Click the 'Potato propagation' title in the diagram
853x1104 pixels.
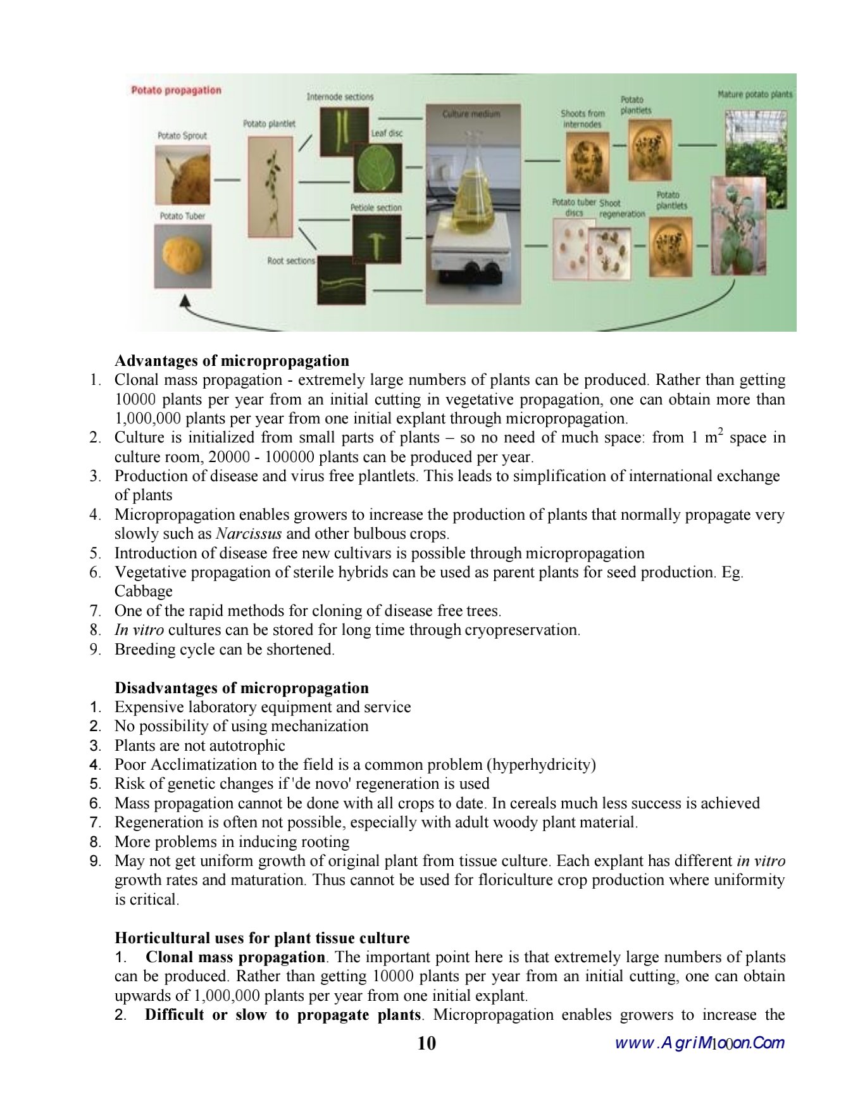click(176, 91)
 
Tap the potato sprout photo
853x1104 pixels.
click(182, 174)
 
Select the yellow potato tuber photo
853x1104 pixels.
click(183, 255)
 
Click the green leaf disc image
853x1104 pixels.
click(378, 168)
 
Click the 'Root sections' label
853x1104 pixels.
click(290, 261)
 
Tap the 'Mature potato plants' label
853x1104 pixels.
click(754, 94)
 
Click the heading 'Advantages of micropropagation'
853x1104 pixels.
click(232, 361)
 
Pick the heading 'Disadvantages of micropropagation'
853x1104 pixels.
click(241, 688)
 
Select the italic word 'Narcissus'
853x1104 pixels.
click(249, 534)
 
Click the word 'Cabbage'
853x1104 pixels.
click(144, 591)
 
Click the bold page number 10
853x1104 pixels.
click(426, 1043)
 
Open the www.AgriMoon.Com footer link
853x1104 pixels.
click(699, 1043)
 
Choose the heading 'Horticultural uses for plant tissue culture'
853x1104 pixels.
click(262, 938)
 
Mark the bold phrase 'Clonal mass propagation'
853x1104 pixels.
click(235, 957)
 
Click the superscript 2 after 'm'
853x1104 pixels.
click(720, 431)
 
